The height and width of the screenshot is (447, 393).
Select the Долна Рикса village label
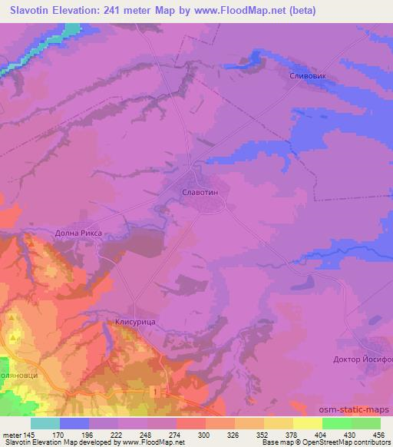(x=79, y=232)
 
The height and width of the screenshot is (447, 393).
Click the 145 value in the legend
(x=28, y=434)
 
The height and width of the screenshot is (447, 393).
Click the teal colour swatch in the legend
(x=45, y=423)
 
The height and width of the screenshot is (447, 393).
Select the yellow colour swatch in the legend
(x=308, y=423)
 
